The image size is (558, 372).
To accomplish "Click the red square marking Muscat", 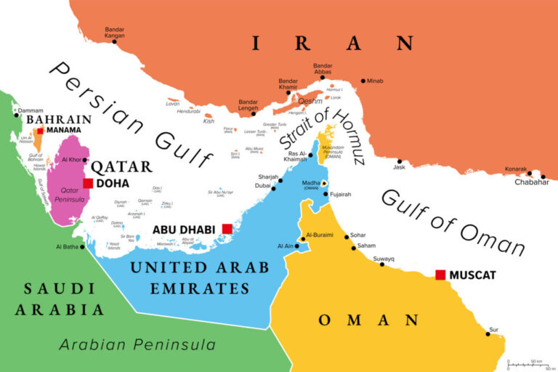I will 440,275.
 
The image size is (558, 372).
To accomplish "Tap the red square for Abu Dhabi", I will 227,229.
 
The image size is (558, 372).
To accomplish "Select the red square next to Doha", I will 88,183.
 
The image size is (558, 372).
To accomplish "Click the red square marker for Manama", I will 41,131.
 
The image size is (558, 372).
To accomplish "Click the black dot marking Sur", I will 488,334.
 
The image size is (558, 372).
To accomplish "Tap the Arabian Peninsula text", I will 137,344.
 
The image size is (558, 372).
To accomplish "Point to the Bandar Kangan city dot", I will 114,41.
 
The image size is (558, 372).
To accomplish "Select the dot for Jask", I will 399,161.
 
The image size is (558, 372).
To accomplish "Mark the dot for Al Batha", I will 82,247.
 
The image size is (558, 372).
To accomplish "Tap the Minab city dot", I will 363,81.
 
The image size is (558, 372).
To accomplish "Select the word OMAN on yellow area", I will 368,320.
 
